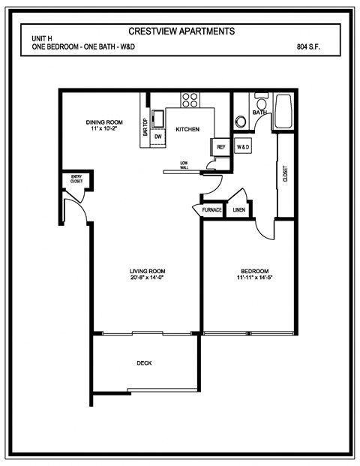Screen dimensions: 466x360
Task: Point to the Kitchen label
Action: [187, 130]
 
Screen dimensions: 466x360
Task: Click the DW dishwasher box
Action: [158, 137]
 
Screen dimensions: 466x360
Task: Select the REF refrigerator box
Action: [220, 147]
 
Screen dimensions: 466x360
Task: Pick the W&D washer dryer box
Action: [243, 147]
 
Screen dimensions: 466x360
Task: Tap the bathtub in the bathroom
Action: [286, 111]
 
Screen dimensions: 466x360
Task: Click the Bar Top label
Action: [145, 128]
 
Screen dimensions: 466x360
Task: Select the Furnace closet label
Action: [211, 210]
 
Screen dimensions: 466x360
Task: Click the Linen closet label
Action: [238, 210]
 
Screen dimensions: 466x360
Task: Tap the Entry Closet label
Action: [76, 179]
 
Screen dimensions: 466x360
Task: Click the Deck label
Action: [144, 363]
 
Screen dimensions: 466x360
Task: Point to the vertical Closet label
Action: [285, 173]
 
